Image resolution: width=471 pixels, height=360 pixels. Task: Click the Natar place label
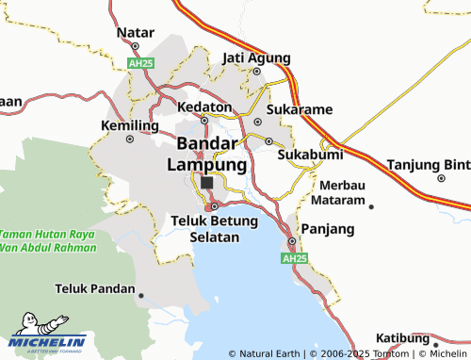[x=135, y=33]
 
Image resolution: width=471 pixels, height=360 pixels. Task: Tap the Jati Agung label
[x=255, y=58]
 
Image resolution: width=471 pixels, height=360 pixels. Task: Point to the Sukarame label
[x=300, y=109]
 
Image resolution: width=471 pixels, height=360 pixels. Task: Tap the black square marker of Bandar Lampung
[x=207, y=183]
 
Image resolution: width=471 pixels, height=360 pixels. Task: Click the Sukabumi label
[x=310, y=154]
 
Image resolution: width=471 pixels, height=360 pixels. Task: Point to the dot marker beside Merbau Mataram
[x=371, y=206]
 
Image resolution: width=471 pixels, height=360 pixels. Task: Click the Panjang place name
[x=327, y=229]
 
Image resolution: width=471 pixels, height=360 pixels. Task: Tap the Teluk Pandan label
[x=95, y=287]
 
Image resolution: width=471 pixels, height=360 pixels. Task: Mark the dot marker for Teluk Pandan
[x=141, y=295]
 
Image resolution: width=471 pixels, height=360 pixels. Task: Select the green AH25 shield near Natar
[x=140, y=62]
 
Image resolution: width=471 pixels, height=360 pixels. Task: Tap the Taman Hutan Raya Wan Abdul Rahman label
[x=48, y=240]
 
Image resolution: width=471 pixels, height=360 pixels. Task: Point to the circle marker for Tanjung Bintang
[x=441, y=177]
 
